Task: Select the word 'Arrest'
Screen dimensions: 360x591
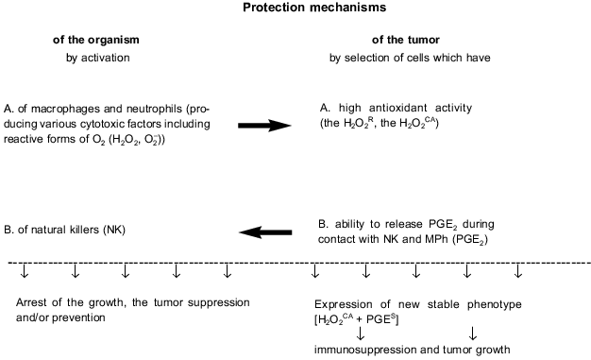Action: point(33,302)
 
